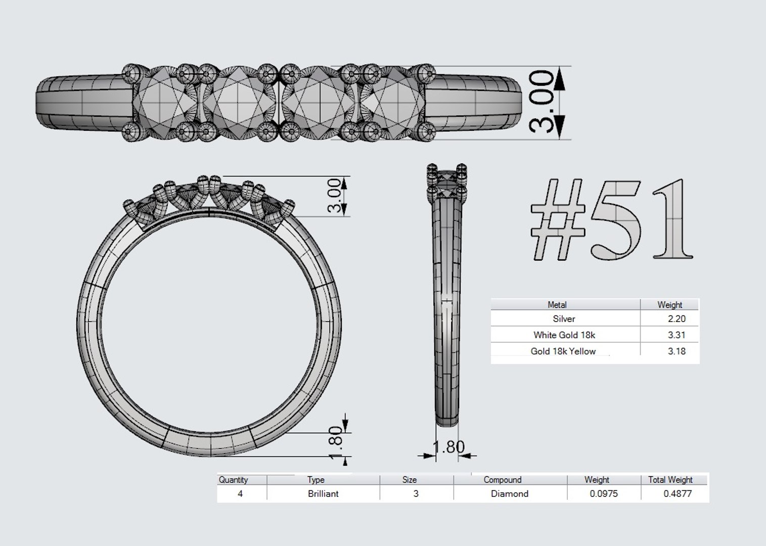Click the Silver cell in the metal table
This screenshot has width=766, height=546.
pos(564,319)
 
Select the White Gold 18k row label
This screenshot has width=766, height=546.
pos(564,335)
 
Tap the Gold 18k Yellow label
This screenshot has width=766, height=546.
pos(563,351)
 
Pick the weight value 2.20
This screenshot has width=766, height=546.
pos(677,319)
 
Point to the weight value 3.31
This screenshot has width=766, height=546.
pos(677,335)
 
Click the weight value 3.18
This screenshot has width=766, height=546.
pos(677,351)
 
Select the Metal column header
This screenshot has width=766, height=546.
pos(557,305)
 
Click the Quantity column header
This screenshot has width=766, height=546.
pos(233,480)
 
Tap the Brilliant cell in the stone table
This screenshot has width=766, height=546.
pos(323,494)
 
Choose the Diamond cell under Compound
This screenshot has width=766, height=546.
pos(510,494)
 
